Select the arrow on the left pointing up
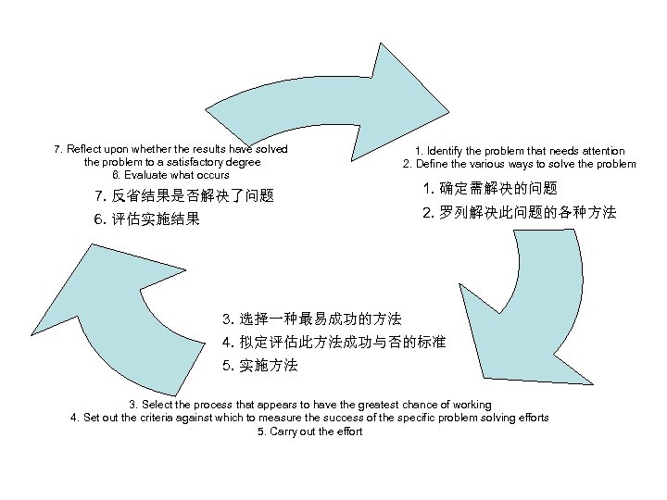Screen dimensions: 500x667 (102, 306)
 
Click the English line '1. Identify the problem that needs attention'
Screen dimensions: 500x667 (519, 151)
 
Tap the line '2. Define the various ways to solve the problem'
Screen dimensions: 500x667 (519, 164)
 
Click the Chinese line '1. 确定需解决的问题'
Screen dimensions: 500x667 (490, 189)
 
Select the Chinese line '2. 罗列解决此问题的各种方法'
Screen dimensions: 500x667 (519, 212)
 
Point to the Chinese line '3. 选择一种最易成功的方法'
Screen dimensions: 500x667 (312, 319)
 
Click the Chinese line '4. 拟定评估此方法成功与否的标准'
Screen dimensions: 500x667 (333, 342)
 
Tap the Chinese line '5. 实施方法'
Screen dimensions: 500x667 (260, 365)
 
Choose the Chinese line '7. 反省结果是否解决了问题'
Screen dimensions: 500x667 (184, 195)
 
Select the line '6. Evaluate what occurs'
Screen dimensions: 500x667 (170, 174)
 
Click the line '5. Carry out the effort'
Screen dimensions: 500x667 (310, 431)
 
